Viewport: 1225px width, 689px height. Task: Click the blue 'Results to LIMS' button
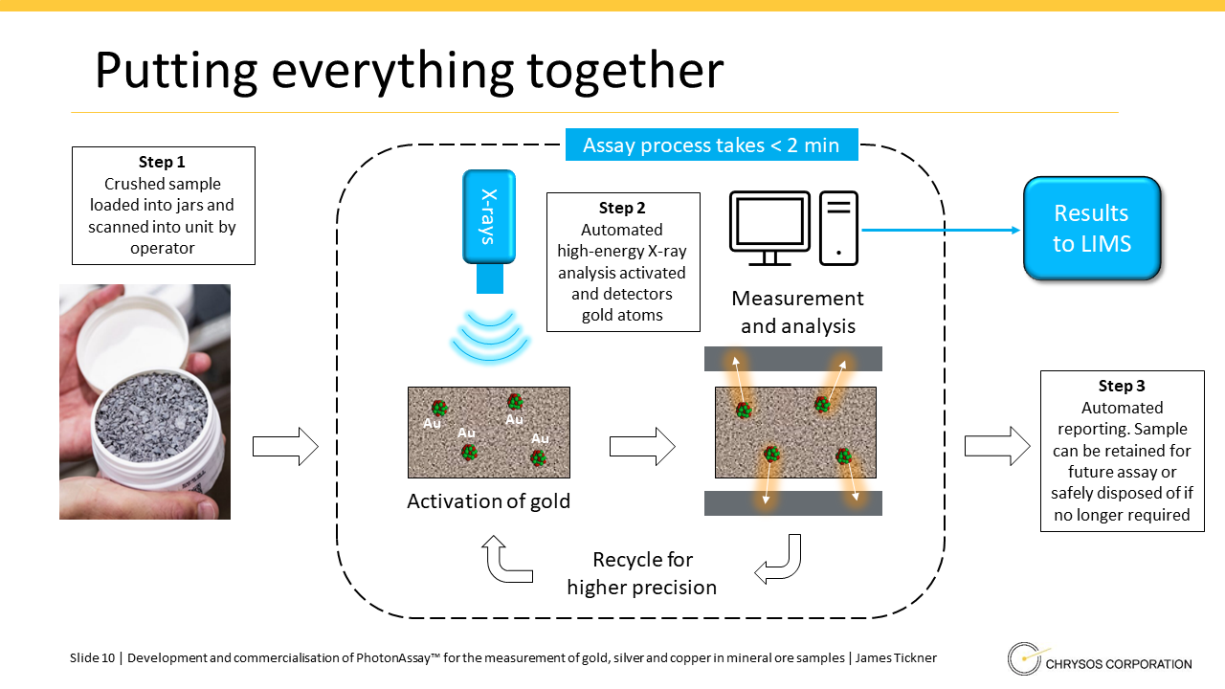[x=1092, y=228]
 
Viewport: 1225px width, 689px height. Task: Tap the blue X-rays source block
[x=489, y=218]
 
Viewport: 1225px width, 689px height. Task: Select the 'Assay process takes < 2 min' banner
[x=711, y=145]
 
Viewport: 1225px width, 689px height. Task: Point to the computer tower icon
[x=838, y=228]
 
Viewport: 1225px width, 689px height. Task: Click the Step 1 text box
[x=163, y=205]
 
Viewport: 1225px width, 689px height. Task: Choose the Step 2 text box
[x=623, y=261]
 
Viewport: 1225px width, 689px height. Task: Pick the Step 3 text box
[x=1122, y=450]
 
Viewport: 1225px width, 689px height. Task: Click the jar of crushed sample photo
[x=145, y=402]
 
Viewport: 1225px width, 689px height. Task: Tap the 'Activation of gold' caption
[x=488, y=501]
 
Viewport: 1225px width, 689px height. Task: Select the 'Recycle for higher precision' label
[x=641, y=573]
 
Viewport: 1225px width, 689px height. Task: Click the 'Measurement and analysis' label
[x=797, y=313]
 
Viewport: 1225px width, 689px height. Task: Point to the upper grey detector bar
[x=792, y=359]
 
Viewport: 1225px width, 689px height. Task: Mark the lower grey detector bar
[x=792, y=503]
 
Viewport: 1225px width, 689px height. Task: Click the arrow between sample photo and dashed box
[x=285, y=446]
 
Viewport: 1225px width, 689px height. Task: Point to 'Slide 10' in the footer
[x=92, y=658]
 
